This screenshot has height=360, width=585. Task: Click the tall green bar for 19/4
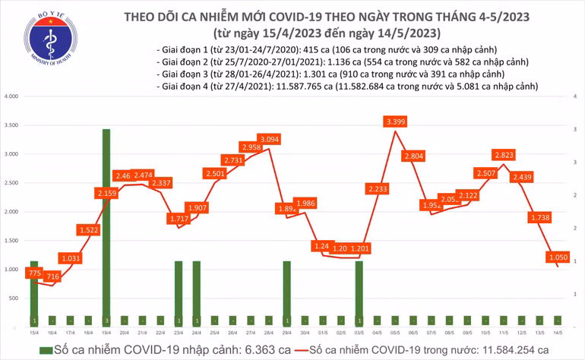[106, 228]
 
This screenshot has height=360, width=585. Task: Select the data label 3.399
[395, 122]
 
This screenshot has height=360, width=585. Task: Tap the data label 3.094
[268, 139]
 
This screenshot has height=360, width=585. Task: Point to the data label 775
[33, 273]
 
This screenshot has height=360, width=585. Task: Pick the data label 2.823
[502, 155]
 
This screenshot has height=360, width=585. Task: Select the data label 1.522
[89, 229]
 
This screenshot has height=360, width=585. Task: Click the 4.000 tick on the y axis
[11, 97]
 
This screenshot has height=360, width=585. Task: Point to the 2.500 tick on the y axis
[11, 183]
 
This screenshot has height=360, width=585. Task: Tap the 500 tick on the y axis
[14, 298]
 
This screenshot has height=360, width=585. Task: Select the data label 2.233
[377, 188]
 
